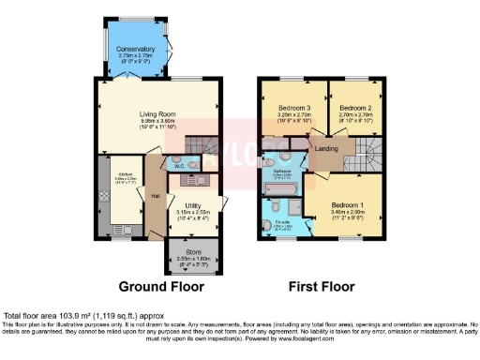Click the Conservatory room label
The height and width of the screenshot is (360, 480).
click(x=135, y=49)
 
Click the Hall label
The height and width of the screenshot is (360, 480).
click(x=154, y=196)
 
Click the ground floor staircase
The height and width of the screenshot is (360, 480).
click(x=202, y=147)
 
